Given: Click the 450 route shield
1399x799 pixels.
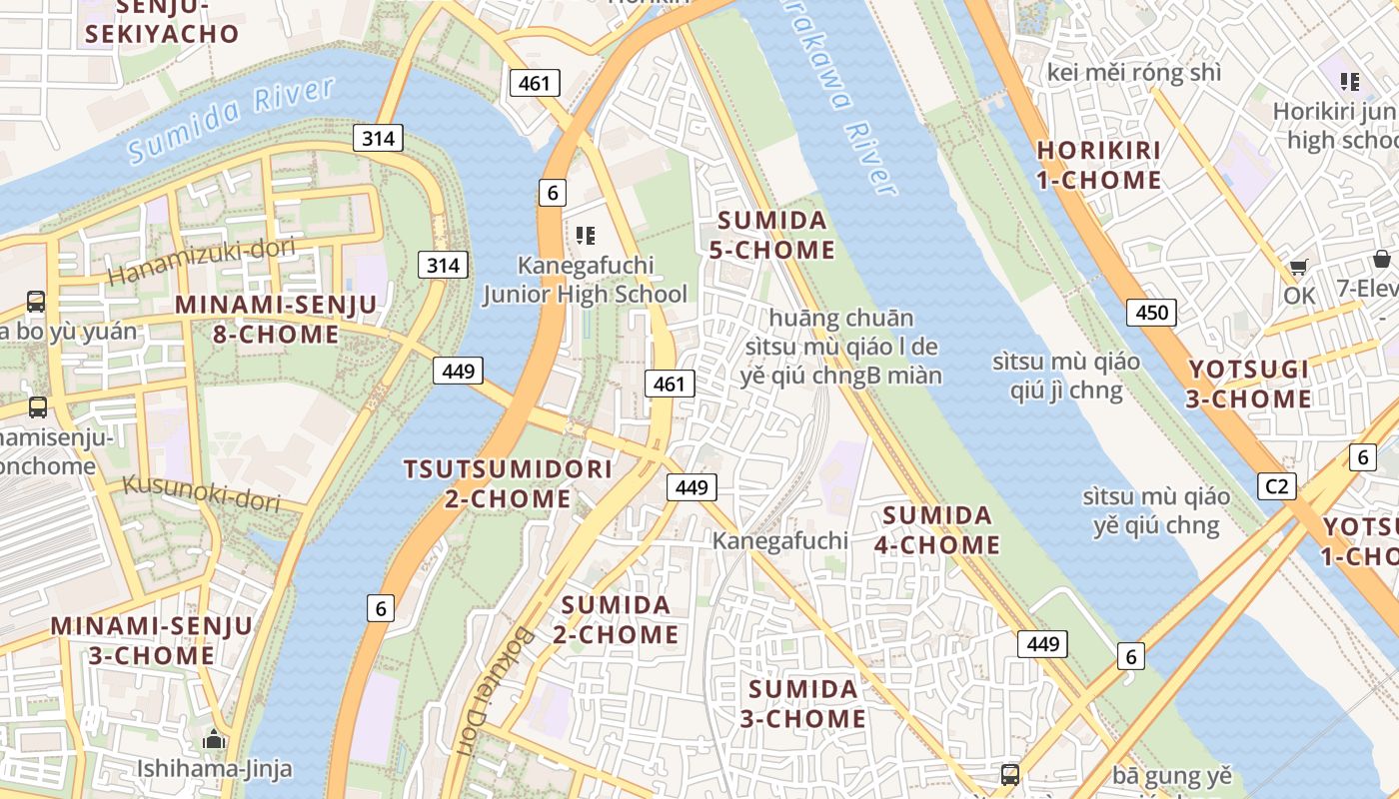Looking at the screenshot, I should coord(1151,313).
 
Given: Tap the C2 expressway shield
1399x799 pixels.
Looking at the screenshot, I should coord(1276,486).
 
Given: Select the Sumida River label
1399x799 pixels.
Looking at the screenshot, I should coord(231,119).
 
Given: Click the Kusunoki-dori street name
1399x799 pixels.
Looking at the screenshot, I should coord(201,492).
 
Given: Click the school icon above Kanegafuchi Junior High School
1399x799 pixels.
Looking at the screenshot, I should coord(586,236).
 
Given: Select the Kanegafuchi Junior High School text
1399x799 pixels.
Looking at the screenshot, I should coord(586,280).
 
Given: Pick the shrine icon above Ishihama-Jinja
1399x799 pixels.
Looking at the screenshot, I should coord(214,740).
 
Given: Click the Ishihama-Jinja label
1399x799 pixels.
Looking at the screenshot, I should coord(215,768).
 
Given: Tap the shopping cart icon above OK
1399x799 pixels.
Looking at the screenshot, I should coord(1298,267).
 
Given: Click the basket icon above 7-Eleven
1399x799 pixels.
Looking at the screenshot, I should coord(1381,260).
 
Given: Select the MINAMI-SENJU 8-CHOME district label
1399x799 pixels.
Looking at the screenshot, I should coord(276,320).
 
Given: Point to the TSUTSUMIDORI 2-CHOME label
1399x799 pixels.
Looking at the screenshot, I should coord(508,483).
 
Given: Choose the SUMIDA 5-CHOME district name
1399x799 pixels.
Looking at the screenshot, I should coord(771,235).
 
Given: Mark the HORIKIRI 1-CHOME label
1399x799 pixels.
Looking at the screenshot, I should coord(1099,165).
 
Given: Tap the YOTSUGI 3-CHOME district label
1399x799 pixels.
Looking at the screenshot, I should coord(1249,385).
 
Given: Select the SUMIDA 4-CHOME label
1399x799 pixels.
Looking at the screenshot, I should coord(937,529).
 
